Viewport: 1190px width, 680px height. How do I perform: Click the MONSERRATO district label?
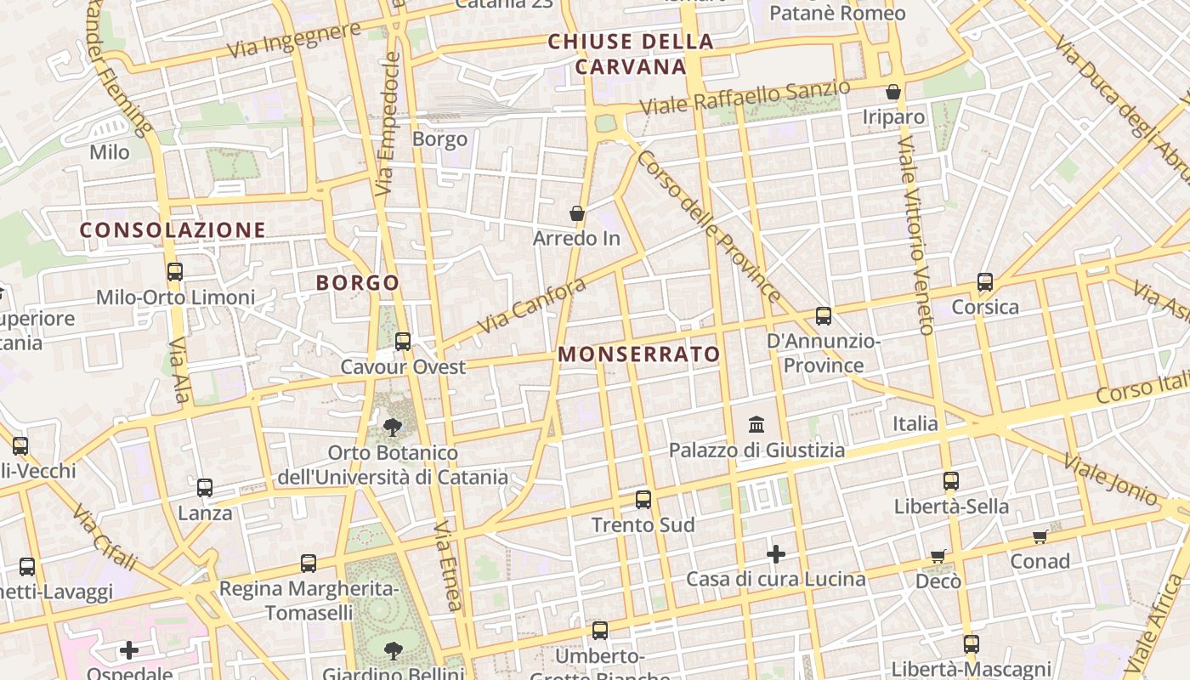pos(639,354)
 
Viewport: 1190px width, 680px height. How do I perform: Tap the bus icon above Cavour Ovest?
pos(403,342)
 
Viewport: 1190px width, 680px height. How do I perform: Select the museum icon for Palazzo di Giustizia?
pos(756,423)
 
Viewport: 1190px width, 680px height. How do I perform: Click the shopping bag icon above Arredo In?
pos(577,213)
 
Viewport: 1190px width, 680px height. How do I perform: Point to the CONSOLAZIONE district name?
pos(173,230)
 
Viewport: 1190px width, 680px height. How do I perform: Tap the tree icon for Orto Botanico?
pos(393,427)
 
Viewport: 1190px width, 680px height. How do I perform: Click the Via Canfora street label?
pos(531,305)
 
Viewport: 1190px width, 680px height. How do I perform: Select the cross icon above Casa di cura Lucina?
pos(776,554)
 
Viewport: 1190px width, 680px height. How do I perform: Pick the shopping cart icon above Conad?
pos(1040,536)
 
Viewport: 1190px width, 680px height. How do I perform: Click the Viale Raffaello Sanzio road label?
pos(745,98)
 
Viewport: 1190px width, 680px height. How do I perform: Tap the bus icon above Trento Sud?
pos(643,500)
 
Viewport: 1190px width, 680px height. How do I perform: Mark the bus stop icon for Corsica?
pos(985,281)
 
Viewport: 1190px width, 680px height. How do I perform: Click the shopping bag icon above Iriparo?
pos(893,92)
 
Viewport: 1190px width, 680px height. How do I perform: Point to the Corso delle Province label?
pos(709,226)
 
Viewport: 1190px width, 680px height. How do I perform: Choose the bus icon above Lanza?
pos(205,488)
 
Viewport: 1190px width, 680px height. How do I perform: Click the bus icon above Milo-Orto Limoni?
pos(175,272)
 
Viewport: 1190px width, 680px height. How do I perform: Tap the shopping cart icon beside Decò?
pos(938,556)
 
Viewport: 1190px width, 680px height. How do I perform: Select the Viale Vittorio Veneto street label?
pos(915,233)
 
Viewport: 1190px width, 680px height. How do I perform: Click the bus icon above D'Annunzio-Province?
pos(824,316)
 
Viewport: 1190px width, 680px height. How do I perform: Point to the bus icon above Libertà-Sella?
pos(951,481)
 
